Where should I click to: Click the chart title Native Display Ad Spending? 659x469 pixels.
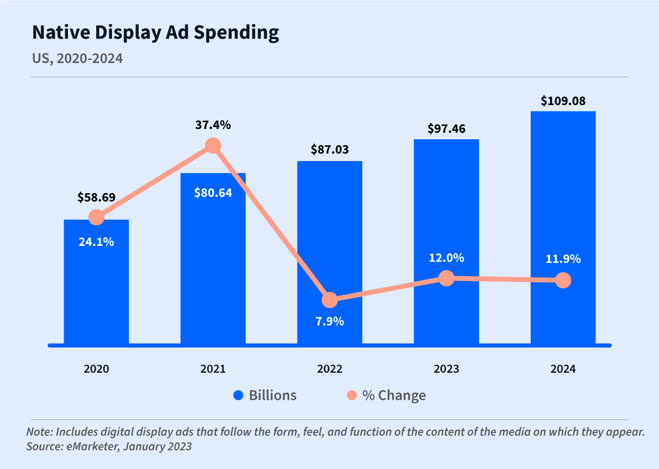[x=156, y=33]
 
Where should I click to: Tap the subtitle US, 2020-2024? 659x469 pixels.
[x=77, y=58]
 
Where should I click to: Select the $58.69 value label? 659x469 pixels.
[x=96, y=197]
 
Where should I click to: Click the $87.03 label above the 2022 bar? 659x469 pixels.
[x=329, y=150]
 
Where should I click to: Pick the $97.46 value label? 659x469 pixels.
[x=446, y=128]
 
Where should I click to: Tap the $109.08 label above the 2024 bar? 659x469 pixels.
[x=563, y=101]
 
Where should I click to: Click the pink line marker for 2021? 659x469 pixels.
[x=213, y=146]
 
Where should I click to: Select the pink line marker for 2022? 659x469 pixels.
[x=329, y=300]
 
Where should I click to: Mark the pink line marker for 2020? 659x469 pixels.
[x=96, y=217]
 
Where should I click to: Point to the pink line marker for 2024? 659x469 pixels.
[x=563, y=280]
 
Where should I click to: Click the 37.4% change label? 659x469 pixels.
[x=213, y=125]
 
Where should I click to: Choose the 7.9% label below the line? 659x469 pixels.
[x=329, y=321]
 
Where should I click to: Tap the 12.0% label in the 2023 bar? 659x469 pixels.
[x=446, y=258]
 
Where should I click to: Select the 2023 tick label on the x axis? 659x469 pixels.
[x=446, y=369]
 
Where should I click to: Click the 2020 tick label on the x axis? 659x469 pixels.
[x=96, y=369]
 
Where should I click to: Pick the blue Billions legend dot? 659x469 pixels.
[x=238, y=396]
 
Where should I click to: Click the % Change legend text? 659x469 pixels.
[x=394, y=396]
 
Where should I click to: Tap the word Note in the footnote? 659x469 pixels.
[x=37, y=433]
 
